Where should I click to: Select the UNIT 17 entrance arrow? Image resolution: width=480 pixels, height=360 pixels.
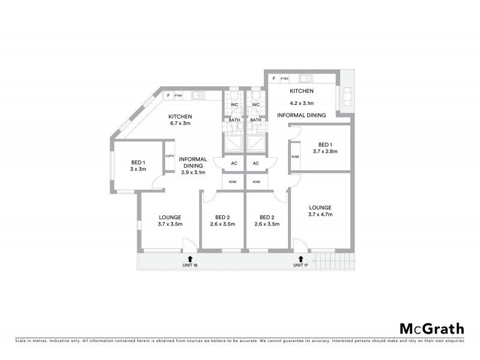[301, 259]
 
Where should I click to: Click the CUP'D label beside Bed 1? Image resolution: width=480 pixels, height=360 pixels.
[169, 157]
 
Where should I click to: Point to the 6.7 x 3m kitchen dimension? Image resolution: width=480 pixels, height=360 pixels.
[179, 124]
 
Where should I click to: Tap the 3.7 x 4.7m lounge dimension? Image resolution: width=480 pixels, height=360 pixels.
[320, 215]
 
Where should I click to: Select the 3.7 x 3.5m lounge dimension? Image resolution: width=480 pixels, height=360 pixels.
[170, 224]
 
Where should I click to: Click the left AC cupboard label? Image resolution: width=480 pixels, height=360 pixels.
[234, 163]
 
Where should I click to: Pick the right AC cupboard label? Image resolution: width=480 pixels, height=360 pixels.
[256, 163]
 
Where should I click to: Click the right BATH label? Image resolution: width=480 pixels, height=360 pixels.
[256, 120]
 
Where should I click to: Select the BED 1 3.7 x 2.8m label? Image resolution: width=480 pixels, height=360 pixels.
[325, 148]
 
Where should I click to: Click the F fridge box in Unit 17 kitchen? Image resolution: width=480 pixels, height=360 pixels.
[274, 78]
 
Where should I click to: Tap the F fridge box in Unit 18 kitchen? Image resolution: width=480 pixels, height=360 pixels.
[169, 95]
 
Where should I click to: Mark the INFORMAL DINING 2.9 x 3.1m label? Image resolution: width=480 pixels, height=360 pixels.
[193, 166]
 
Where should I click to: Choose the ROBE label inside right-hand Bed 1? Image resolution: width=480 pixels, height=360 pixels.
[295, 157]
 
